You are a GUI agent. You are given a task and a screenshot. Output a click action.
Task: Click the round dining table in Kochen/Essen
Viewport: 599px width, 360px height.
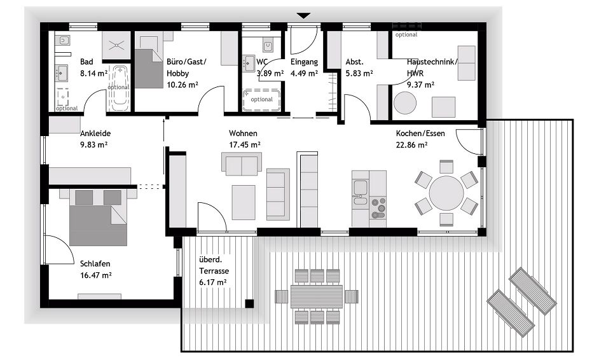(x=446, y=193)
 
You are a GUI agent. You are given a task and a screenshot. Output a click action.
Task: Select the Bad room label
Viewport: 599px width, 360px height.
(x=86, y=62)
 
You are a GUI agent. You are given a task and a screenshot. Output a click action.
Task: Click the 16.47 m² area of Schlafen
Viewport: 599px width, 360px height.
(x=96, y=275)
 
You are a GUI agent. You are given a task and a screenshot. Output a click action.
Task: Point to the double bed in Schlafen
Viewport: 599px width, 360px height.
(x=98, y=217)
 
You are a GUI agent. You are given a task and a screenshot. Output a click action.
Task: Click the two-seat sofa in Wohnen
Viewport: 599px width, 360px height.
(x=241, y=164)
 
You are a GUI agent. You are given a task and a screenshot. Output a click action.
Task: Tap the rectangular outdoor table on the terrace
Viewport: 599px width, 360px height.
(x=316, y=296)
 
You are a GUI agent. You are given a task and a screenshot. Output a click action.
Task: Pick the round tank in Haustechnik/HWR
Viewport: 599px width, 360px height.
(x=404, y=102)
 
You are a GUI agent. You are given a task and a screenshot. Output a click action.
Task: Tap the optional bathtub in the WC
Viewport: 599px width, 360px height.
(x=261, y=100)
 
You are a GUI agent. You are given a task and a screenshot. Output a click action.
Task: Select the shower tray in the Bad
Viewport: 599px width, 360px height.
(x=117, y=45)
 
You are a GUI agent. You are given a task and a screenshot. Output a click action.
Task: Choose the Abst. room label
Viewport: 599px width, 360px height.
(x=354, y=62)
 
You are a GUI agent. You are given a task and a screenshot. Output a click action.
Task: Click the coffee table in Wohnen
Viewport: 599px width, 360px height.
(x=244, y=202)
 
